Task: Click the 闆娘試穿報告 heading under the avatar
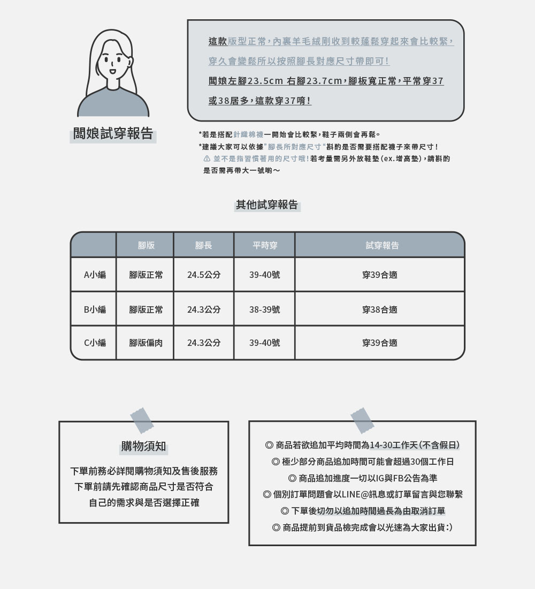tap(113, 134)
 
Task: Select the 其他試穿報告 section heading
tap(267, 205)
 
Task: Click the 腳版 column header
tap(146, 245)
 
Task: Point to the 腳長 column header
tap(203, 245)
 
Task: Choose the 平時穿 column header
tap(264, 245)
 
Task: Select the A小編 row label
tap(95, 275)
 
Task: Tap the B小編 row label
tap(95, 309)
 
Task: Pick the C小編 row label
tap(95, 343)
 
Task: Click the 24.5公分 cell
tap(203, 275)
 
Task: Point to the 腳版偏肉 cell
tap(146, 343)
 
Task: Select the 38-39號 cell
tap(264, 309)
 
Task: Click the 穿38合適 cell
tap(379, 309)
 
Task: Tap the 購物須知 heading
tap(143, 447)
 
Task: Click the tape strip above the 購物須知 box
tap(141, 420)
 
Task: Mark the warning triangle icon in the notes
tap(207, 159)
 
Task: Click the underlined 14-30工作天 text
tap(393, 445)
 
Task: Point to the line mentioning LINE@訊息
tap(363, 494)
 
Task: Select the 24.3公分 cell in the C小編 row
tap(203, 343)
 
